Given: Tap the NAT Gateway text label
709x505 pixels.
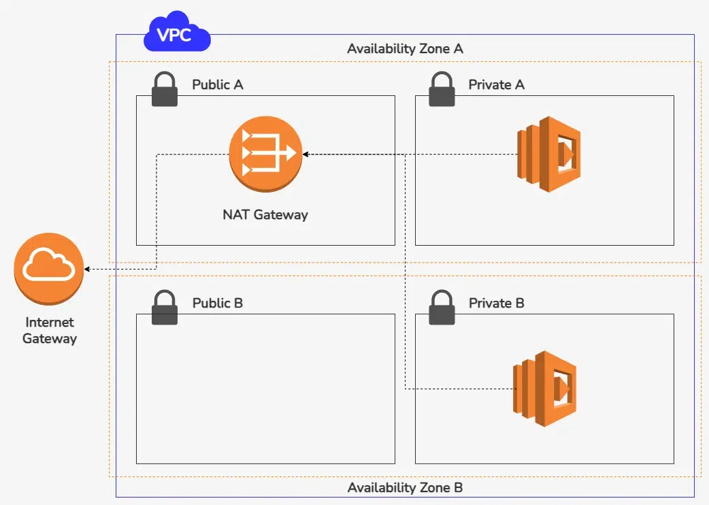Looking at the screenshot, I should click(x=265, y=214).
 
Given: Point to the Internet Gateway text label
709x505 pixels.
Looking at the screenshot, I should click(x=50, y=330).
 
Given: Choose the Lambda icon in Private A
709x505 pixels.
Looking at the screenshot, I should click(x=547, y=154).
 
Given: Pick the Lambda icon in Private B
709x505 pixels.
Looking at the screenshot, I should click(x=544, y=389).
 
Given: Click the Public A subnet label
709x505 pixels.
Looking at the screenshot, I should click(x=218, y=85).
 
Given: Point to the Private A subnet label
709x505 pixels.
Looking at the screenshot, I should click(x=497, y=85).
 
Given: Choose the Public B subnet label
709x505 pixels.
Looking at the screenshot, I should click(x=218, y=303).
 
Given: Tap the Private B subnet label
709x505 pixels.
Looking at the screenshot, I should click(x=497, y=303).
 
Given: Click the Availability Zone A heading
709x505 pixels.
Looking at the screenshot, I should click(x=406, y=49).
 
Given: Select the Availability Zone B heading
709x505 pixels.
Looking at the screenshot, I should click(x=406, y=488).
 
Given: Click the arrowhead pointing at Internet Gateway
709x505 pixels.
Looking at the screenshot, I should click(x=88, y=269).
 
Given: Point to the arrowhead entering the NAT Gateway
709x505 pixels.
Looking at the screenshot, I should click(x=306, y=155).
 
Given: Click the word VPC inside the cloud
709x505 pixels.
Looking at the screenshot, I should click(x=176, y=35).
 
